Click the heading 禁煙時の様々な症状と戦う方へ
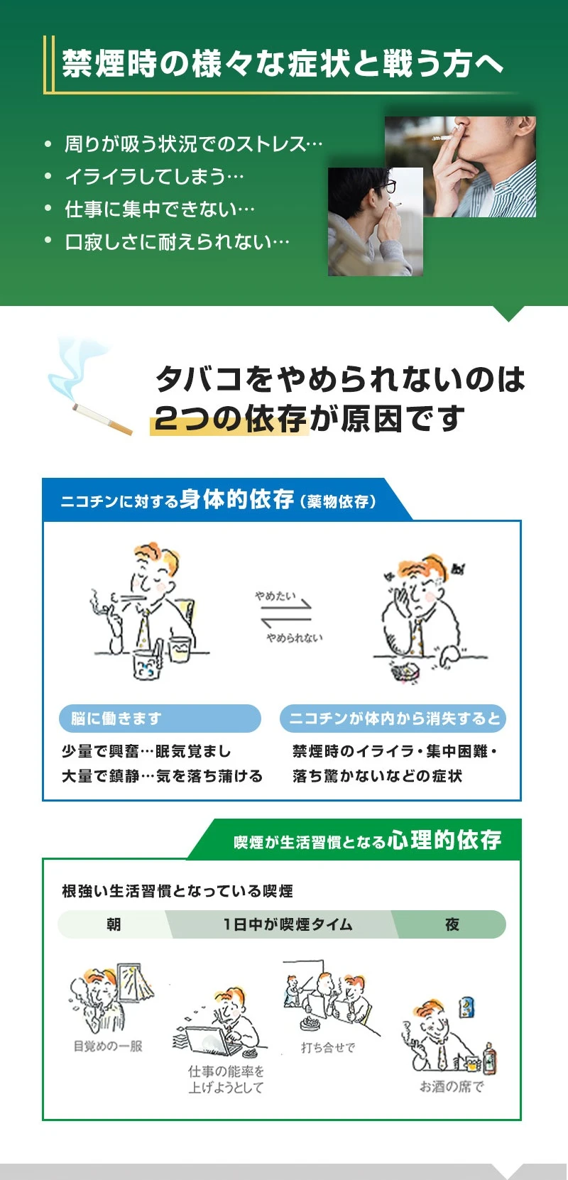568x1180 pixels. [283, 64]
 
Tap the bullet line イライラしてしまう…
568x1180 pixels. [154, 177]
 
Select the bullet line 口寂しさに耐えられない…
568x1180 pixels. [177, 242]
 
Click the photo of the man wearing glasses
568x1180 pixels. [375, 222]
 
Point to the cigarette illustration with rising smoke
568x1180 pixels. [89, 387]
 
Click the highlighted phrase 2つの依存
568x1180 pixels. [230, 419]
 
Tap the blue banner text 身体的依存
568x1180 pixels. [236, 499]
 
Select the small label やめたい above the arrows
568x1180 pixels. [275, 596]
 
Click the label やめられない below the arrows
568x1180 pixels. [294, 638]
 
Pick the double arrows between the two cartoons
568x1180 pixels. [286, 614]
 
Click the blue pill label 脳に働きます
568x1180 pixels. [160, 719]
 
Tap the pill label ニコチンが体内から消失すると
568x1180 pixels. [393, 719]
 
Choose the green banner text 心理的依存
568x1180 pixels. [444, 840]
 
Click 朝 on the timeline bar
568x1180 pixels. [114, 924]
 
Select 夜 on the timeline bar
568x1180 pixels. [452, 924]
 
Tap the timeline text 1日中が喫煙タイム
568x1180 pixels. [288, 924]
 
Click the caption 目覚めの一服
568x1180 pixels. [108, 1046]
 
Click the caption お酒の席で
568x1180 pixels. [452, 1086]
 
